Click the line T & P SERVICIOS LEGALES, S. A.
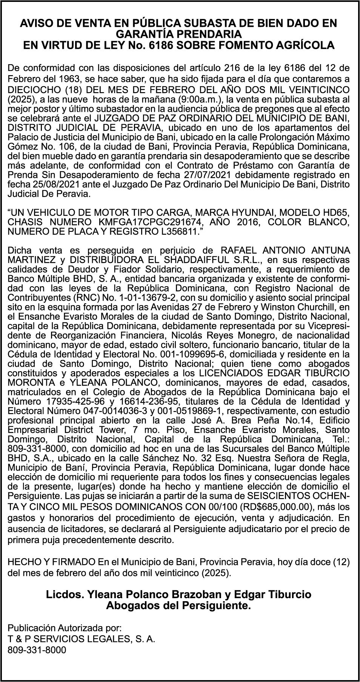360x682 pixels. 82,639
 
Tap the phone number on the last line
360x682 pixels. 37,650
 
